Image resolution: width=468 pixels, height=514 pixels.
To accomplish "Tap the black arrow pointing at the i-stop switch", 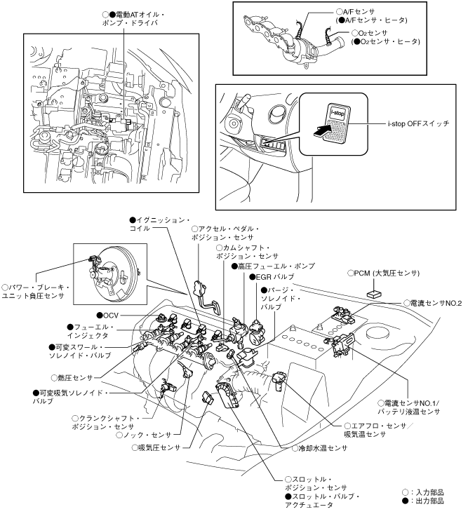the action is (x=322, y=130).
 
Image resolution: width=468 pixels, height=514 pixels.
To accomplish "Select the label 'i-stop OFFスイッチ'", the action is (x=418, y=124).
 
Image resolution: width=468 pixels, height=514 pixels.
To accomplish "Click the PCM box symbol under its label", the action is (x=375, y=293).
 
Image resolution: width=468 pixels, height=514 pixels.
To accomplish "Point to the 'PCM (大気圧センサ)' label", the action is (x=384, y=273).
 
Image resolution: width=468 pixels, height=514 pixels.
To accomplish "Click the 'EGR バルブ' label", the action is (x=272, y=277).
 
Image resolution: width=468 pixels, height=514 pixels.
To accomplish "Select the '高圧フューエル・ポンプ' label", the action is (x=273, y=266).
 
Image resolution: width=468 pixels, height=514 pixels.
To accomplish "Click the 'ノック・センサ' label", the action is (x=144, y=435).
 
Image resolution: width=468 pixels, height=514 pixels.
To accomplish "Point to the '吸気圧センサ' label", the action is (x=156, y=447).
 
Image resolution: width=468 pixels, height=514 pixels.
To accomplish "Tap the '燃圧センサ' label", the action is (x=72, y=378).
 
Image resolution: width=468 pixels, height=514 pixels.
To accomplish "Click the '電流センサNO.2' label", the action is (x=433, y=303).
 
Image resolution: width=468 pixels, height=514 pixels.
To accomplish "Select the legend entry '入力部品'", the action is (x=423, y=492).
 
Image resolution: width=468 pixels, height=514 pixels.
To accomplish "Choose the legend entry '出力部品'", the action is (x=423, y=501).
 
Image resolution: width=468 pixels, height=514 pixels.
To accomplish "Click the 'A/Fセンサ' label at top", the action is (x=356, y=12).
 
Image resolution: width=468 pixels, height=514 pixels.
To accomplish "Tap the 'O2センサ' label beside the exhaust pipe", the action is (x=370, y=33).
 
